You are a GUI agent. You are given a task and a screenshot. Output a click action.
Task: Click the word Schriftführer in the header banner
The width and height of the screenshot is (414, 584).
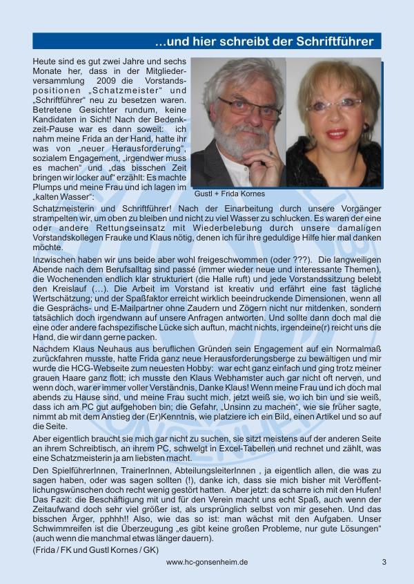(333, 41)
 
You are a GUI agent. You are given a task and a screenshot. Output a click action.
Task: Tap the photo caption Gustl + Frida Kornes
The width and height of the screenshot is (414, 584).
(230, 194)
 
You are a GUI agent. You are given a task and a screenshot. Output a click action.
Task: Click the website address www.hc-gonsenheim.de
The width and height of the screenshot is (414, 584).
(207, 562)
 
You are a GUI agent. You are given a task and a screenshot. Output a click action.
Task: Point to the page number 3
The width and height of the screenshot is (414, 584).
(384, 562)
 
